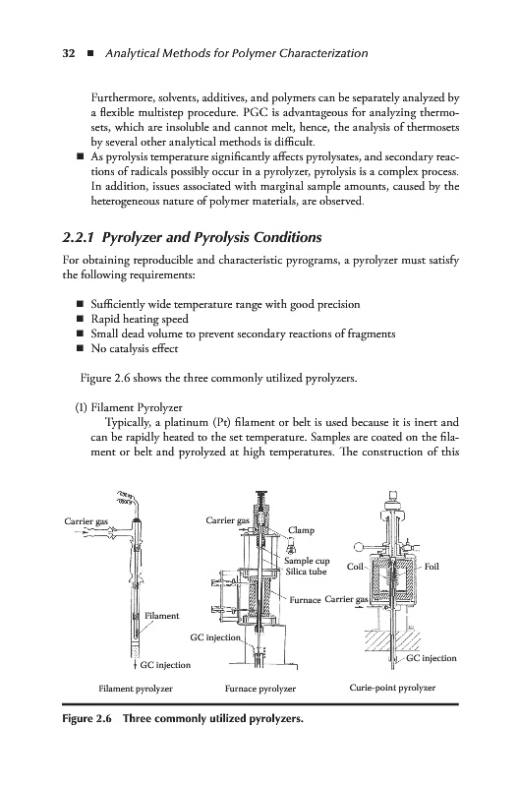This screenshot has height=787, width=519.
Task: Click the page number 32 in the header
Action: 69,53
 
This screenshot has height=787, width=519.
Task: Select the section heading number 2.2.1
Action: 80,237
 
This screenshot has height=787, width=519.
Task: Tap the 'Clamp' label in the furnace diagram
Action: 301,530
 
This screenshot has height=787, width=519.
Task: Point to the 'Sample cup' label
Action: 307,561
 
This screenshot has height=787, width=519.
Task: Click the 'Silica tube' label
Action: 306,572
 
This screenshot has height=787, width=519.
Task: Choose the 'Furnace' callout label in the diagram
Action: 305,600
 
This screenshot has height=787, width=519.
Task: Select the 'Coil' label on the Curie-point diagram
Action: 355,567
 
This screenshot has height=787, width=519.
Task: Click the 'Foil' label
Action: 432,567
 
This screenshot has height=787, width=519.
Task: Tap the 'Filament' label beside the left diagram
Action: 161,616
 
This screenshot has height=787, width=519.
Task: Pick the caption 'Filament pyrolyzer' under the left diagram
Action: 136,689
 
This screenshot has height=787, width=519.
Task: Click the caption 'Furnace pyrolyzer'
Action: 260,689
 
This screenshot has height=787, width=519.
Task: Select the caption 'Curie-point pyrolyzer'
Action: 392,688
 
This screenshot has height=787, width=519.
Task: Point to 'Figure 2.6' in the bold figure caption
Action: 86,718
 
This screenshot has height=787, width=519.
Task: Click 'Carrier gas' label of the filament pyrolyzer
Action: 86,521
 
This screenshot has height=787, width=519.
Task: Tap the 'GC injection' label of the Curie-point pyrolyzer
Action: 432,658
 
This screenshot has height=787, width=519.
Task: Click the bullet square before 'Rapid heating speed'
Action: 80,319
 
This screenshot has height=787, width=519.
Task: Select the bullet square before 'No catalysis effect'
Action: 80,348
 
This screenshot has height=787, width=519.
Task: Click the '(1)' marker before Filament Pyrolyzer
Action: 81,407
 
